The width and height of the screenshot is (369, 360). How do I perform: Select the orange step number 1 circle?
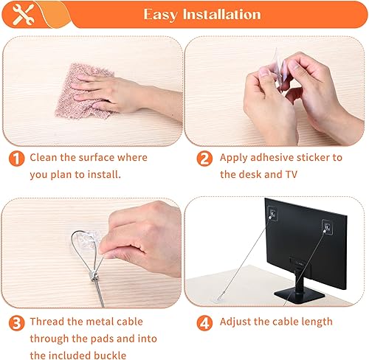pos(15,158)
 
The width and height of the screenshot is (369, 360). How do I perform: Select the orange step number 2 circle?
pos(203,158)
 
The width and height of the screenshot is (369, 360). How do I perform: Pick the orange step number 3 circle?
pos(15,322)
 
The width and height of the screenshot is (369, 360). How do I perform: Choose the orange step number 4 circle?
pos(203,322)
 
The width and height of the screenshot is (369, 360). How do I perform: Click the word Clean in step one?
pos(44,158)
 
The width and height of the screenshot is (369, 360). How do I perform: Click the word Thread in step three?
pos(49,322)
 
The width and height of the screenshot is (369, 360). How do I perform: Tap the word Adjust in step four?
pos(238,322)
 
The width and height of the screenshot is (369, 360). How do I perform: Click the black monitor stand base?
pos(303,294)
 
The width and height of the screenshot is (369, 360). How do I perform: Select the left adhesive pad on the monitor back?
pos(272,214)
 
